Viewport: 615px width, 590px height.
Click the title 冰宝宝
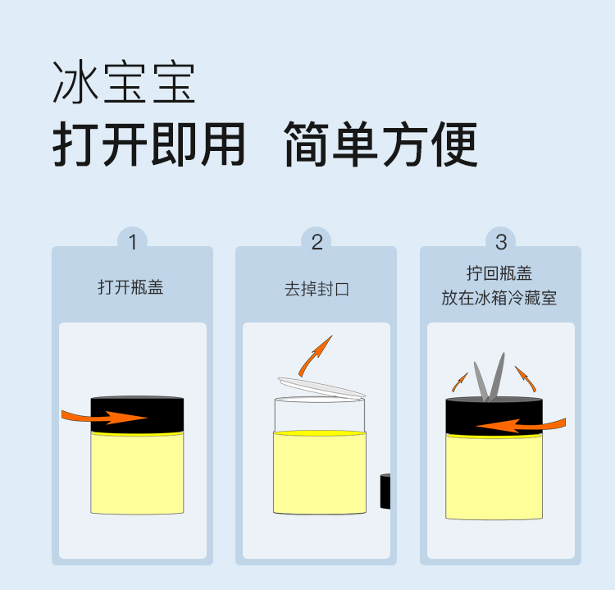click(x=124, y=82)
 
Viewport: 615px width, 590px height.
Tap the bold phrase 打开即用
click(x=148, y=144)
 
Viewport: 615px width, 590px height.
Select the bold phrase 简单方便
click(x=380, y=144)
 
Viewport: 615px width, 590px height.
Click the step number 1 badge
click(x=133, y=241)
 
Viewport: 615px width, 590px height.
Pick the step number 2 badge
click(x=317, y=241)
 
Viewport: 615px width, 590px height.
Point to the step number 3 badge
click(x=501, y=241)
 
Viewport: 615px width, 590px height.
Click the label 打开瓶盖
click(x=130, y=287)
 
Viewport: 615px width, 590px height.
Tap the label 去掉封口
click(x=317, y=290)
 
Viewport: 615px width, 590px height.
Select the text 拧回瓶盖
click(x=499, y=273)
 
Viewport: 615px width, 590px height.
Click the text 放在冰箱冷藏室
click(x=499, y=298)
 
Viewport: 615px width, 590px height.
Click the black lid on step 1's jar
click(x=137, y=414)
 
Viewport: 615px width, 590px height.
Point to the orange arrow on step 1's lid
click(x=104, y=417)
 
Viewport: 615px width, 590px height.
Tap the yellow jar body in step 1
click(x=137, y=473)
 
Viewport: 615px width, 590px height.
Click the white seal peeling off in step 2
click(x=321, y=388)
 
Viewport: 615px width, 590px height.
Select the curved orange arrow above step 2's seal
click(x=314, y=356)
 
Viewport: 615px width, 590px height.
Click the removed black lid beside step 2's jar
click(x=385, y=491)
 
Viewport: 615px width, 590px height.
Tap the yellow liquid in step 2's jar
click(x=320, y=472)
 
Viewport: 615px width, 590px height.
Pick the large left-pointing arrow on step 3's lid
click(x=521, y=426)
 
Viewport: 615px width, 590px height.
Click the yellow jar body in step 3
click(x=494, y=477)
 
